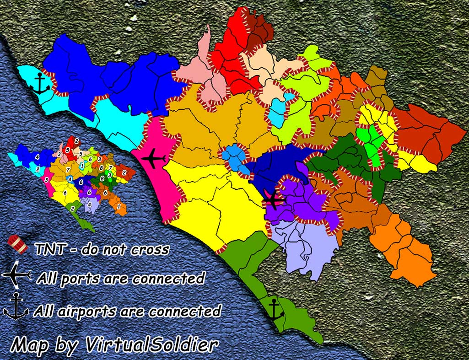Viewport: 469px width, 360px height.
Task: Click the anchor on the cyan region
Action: click(42, 84)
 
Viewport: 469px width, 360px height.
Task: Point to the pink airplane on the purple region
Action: click(274, 199)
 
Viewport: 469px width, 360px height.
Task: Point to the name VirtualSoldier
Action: click(151, 344)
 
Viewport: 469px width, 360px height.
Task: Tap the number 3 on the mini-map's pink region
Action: click(46, 180)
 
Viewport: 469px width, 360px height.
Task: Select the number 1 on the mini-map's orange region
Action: click(119, 207)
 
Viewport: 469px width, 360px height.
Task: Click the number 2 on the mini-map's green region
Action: click(72, 209)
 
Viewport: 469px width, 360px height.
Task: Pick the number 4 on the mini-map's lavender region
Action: click(89, 205)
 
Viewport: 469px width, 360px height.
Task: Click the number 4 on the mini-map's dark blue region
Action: click(38, 157)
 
